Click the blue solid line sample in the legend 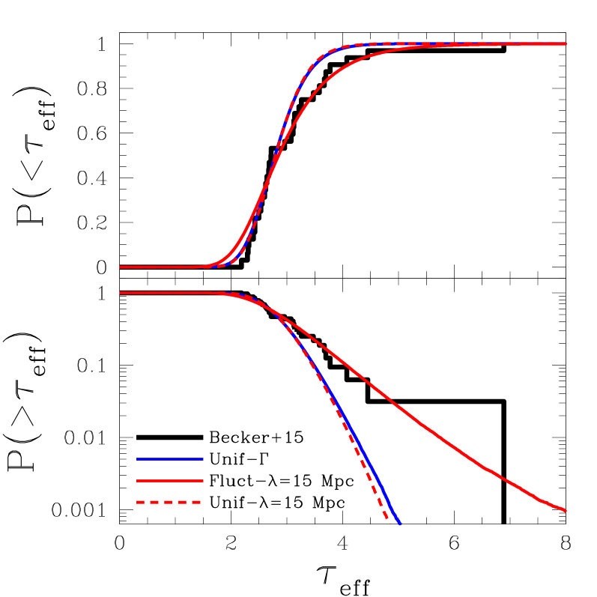(x=169, y=459)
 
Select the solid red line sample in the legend (x=169, y=481)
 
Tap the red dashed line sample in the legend (x=169, y=503)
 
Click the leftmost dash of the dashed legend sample (x=140, y=503)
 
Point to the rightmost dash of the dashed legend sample (x=196, y=503)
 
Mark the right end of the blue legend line (x=202, y=459)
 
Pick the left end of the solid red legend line (x=137, y=481)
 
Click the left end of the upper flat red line (x=121, y=267)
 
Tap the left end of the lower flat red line (x=121, y=293)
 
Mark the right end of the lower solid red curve (x=566, y=511)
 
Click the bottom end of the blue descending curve (x=401, y=524)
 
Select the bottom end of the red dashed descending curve (x=389, y=523)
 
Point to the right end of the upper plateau (x=566, y=44)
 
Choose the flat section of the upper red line (x=157, y=267)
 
